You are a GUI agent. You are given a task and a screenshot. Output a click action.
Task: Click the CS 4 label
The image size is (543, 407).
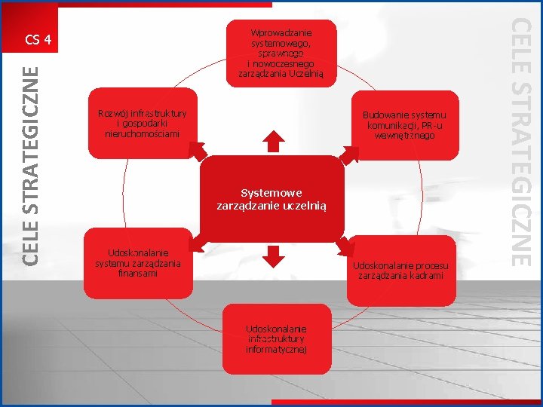[x=37, y=39]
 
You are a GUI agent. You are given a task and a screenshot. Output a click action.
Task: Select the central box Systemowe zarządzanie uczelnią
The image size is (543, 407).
[x=271, y=198]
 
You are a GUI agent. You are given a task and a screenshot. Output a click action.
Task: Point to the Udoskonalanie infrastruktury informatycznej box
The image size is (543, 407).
[x=276, y=339]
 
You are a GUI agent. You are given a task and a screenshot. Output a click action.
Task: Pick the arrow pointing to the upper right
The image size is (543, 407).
[x=351, y=153]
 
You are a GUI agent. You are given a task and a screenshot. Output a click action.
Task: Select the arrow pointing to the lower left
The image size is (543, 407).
[x=198, y=244]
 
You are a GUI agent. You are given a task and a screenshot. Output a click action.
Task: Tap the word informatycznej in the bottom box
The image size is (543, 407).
[x=276, y=349]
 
